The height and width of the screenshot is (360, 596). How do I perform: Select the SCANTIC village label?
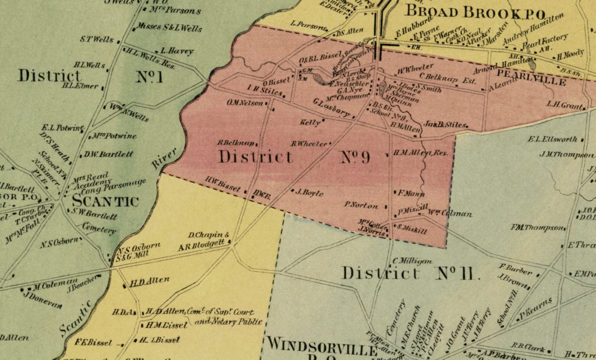105,201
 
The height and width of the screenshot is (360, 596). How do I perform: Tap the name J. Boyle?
310,193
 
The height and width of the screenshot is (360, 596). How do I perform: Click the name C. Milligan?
413,261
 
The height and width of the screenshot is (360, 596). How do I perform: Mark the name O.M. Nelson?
247,103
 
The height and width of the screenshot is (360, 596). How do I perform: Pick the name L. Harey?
177,51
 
